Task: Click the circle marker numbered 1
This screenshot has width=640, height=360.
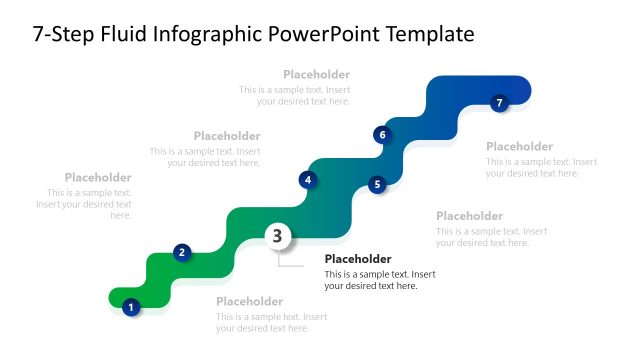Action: click(130, 307)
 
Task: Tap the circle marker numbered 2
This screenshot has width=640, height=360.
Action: click(182, 252)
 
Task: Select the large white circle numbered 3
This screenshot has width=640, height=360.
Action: click(278, 236)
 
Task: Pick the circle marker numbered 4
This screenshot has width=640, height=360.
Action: click(308, 180)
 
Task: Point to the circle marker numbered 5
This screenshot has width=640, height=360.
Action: click(377, 184)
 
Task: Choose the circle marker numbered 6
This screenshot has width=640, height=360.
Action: click(381, 134)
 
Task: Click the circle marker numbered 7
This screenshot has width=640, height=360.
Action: click(500, 102)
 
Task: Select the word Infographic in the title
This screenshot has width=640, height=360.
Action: click(209, 35)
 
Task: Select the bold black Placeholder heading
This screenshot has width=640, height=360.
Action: click(358, 259)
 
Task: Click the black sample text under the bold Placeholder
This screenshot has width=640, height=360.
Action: click(380, 280)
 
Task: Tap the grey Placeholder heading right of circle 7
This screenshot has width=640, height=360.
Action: click(519, 147)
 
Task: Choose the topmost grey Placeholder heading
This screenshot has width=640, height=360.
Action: click(316, 74)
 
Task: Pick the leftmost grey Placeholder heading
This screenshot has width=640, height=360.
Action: click(98, 178)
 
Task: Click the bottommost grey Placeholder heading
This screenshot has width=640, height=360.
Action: click(249, 302)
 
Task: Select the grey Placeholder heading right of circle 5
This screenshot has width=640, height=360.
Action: click(469, 216)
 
